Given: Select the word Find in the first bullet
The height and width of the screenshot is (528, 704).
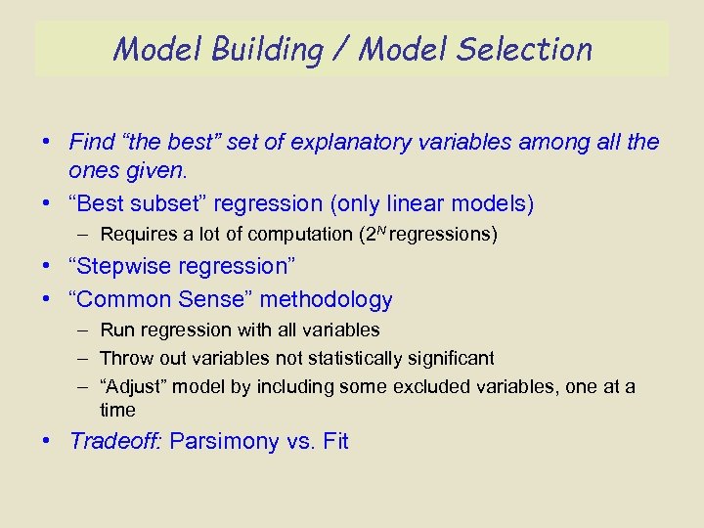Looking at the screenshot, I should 92,142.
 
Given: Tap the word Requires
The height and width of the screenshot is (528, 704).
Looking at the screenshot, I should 137,235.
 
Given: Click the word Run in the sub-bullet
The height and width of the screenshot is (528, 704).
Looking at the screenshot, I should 115,330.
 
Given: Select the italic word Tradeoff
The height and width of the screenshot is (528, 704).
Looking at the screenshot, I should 115,441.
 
